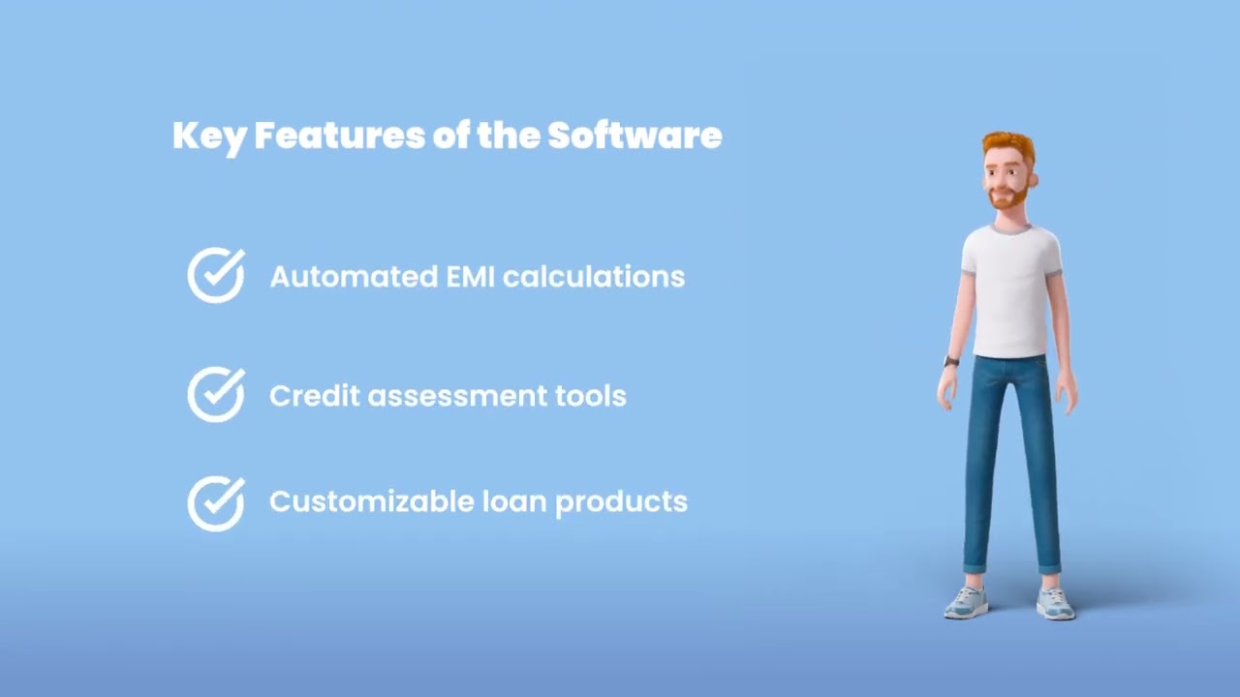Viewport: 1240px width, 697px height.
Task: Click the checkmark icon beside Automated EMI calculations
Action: [x=216, y=276]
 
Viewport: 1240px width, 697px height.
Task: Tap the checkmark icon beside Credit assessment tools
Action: [x=216, y=395]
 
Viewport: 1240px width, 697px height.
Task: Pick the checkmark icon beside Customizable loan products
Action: [x=216, y=503]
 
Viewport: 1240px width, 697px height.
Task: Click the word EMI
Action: [x=470, y=277]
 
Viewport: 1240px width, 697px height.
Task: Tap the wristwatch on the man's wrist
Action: [x=951, y=362]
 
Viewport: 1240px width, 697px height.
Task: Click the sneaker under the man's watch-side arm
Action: [x=967, y=602]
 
